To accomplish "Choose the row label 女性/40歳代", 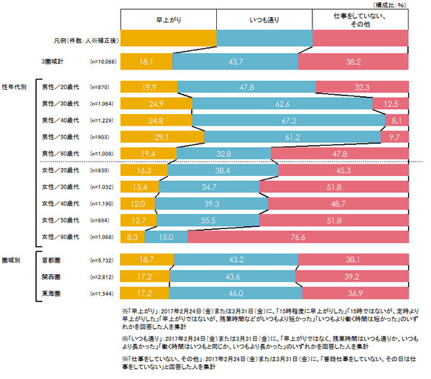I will click(x=62, y=204).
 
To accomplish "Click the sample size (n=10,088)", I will click(x=103, y=63).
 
